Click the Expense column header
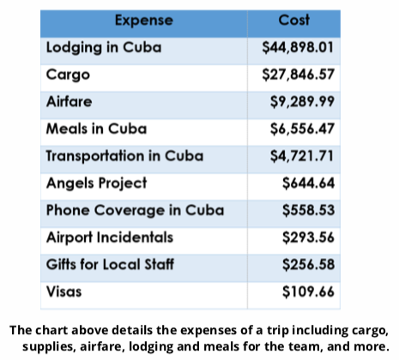pyautogui.click(x=144, y=21)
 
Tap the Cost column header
pyautogui.click(x=294, y=20)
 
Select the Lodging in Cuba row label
pyautogui.click(x=104, y=47)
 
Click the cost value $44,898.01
pyautogui.click(x=298, y=47)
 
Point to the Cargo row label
pyautogui.click(x=68, y=75)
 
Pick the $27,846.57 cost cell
pyautogui.click(x=298, y=75)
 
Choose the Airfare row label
pyautogui.click(x=69, y=102)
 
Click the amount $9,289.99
pyautogui.click(x=302, y=102)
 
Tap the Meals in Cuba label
pyautogui.click(x=96, y=129)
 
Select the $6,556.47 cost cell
pyautogui.click(x=302, y=129)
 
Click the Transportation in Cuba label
pyautogui.click(x=124, y=156)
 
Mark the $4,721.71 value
pyautogui.click(x=302, y=156)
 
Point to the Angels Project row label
pyautogui.click(x=97, y=183)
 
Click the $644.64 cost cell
pyautogui.click(x=308, y=183)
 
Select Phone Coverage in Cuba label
pyautogui.click(x=135, y=211)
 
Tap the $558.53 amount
pyautogui.click(x=308, y=210)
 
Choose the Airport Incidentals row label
pyautogui.click(x=110, y=237)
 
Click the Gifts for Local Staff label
pyautogui.click(x=110, y=264)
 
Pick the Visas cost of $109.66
pyautogui.click(x=308, y=291)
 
